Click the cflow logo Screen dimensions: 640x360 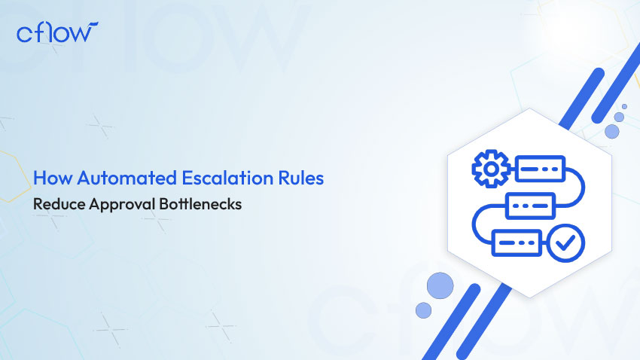[57, 32]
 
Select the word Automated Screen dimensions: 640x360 [127, 178]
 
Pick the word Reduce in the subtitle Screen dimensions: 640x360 [59, 204]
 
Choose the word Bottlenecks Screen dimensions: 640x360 [200, 204]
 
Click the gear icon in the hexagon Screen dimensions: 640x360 [491, 169]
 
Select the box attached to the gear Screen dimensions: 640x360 [541, 169]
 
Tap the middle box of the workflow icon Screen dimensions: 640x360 [531, 206]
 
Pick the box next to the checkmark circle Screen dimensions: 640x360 [517, 243]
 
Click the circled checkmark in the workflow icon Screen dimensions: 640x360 [565, 243]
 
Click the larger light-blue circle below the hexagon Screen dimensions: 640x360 [440, 285]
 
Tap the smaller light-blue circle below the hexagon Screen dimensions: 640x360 [423, 310]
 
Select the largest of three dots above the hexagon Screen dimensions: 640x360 [612, 132]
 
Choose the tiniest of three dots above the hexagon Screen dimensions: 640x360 [624, 106]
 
